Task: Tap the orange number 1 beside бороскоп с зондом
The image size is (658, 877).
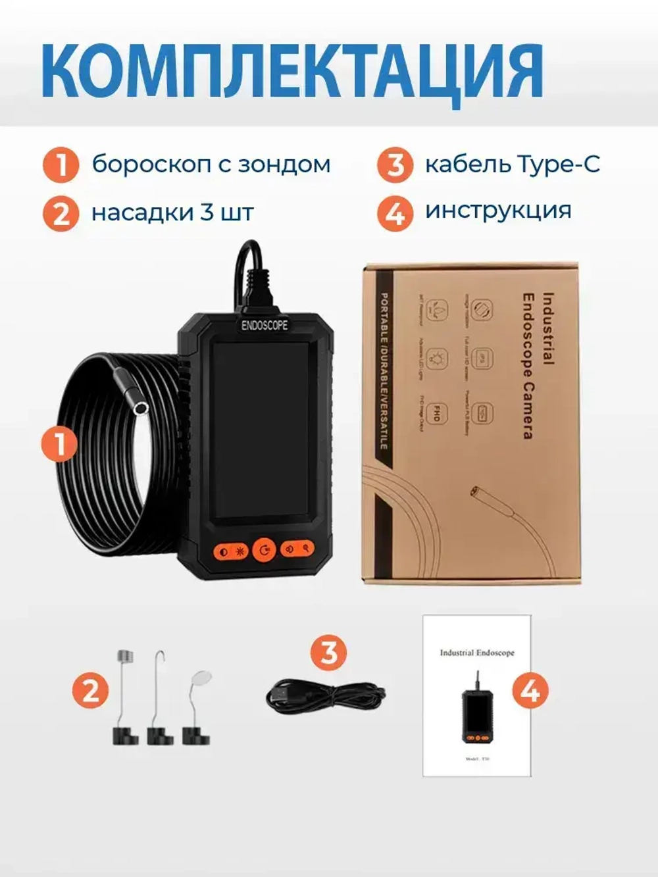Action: [x=61, y=164]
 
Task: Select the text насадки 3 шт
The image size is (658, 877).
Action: [x=172, y=213]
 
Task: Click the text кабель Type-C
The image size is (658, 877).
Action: [x=512, y=164]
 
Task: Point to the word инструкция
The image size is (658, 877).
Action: [x=498, y=211]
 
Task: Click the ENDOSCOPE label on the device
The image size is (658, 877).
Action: [x=265, y=325]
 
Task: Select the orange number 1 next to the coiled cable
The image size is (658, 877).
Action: [x=60, y=444]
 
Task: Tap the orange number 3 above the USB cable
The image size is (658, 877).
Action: [x=328, y=652]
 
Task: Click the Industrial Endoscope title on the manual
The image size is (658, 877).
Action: [x=476, y=653]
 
